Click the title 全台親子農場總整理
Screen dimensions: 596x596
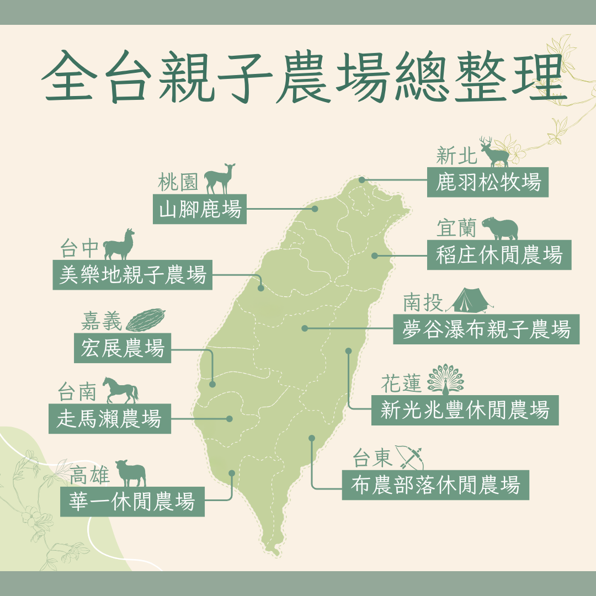click(298, 77)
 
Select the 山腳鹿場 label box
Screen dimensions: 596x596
click(200, 209)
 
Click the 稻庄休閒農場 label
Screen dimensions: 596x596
click(499, 255)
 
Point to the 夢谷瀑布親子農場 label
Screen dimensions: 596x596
click(486, 329)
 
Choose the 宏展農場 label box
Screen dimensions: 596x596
click(123, 348)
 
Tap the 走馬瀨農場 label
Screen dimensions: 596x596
click(109, 418)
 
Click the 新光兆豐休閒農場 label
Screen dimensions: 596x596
click(465, 410)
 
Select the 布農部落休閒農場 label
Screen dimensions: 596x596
click(435, 485)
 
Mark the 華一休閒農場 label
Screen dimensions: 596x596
click(132, 502)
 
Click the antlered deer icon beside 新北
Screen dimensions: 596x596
click(494, 152)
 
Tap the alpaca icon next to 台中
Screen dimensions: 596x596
click(119, 244)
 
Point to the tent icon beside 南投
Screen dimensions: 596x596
click(469, 301)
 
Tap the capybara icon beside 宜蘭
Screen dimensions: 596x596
click(499, 226)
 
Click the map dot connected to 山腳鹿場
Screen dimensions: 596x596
click(315, 209)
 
